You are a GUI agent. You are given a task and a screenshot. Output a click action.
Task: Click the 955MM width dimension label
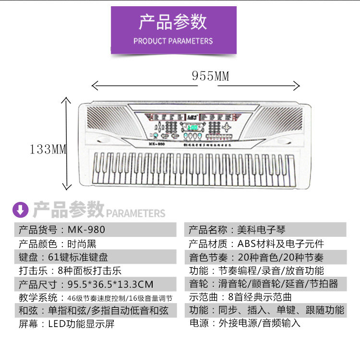211,76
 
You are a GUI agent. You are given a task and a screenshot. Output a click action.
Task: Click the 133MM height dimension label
48,149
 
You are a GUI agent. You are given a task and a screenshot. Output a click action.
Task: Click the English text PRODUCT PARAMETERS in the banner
173,41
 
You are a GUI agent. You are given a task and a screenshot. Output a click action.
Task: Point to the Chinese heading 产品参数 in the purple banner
173,22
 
